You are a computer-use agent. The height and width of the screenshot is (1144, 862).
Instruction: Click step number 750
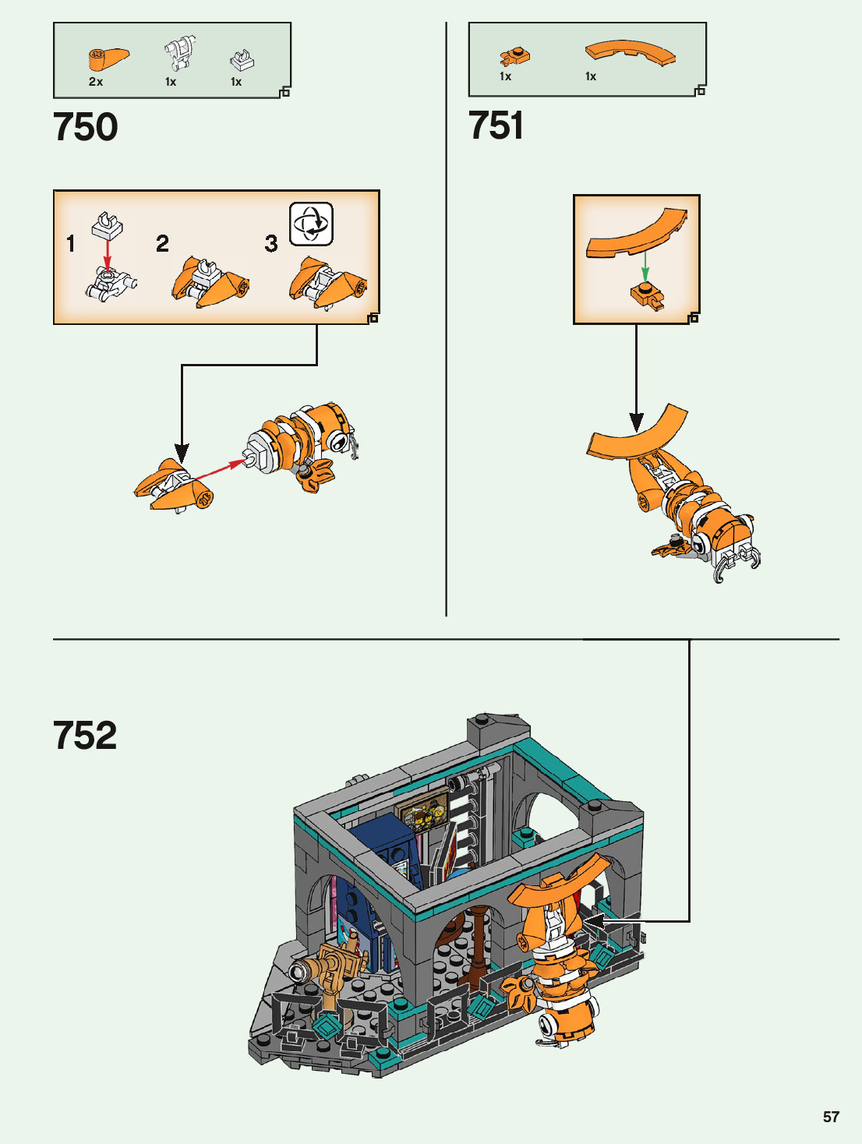tap(86, 127)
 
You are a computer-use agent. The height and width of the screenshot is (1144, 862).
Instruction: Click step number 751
tap(496, 125)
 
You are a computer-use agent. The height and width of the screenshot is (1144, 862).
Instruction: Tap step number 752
tap(86, 735)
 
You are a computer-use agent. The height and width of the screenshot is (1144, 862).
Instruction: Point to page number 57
tap(831, 1117)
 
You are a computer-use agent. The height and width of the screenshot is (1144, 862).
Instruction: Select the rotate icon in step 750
tap(311, 224)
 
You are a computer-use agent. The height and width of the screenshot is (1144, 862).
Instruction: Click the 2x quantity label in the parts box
tap(96, 82)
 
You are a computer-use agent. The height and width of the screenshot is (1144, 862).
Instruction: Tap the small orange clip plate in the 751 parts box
tap(515, 55)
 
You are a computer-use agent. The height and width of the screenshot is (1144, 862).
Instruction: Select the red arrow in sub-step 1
tap(108, 251)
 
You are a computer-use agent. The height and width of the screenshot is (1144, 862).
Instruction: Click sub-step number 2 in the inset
tap(162, 243)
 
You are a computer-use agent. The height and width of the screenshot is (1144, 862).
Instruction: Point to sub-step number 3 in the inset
tap(271, 243)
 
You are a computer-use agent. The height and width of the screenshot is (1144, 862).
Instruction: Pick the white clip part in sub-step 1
tap(108, 226)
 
